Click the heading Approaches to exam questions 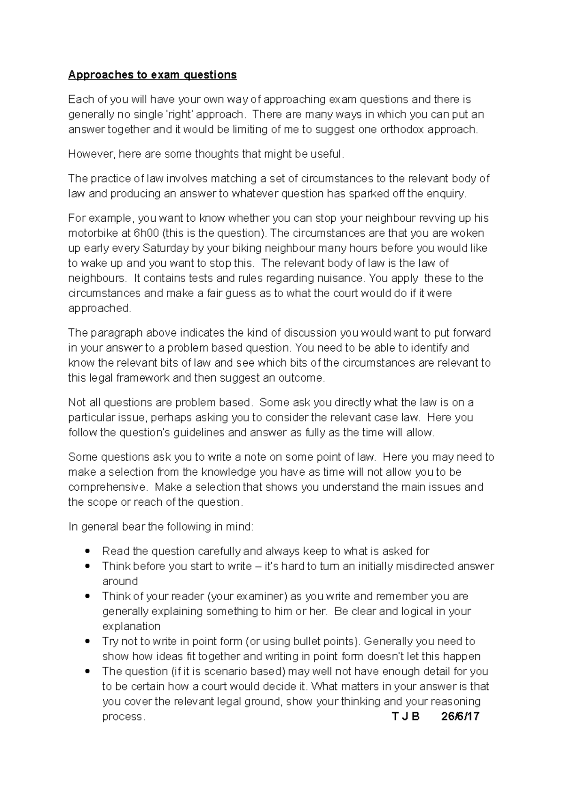(x=152, y=75)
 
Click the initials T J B (x=405, y=717)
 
